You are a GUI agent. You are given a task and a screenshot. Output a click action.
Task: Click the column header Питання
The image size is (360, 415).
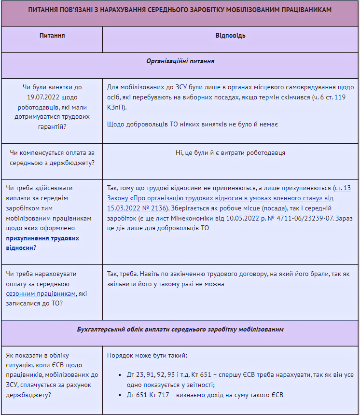(x=52, y=36)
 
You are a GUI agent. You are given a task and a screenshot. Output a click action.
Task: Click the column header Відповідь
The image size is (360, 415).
(x=230, y=36)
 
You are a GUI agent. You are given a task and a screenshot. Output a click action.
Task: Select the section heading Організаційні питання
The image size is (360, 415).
(x=180, y=62)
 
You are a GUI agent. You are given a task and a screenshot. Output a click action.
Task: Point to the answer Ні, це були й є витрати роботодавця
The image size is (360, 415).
(x=230, y=153)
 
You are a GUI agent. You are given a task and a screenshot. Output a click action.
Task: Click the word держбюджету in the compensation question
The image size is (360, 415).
(x=73, y=162)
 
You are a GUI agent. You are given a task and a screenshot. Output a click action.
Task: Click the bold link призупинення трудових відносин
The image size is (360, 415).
(x=42, y=243)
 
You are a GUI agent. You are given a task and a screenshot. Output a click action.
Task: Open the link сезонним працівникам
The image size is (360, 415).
(x=41, y=293)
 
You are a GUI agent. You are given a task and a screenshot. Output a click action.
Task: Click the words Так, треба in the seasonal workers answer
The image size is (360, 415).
(x=123, y=274)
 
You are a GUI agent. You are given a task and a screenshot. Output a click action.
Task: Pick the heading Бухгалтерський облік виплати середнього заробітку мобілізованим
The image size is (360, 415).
(x=180, y=330)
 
